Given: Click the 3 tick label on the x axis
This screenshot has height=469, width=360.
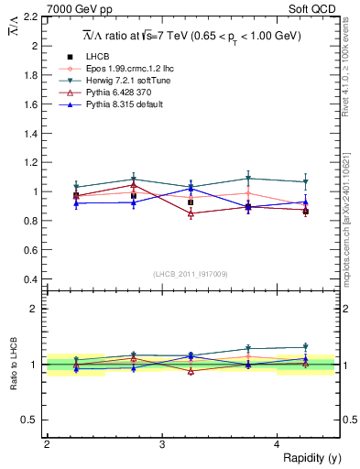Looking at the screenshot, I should [162, 442].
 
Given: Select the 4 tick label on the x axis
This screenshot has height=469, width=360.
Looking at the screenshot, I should [278, 442].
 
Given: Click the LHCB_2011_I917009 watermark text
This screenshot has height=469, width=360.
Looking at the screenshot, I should [191, 274].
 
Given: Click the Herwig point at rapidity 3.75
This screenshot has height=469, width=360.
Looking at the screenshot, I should [248, 179].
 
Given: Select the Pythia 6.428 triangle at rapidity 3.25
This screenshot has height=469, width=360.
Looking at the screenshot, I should [191, 213].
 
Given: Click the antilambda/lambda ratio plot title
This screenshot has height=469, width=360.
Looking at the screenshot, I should [191, 36].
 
